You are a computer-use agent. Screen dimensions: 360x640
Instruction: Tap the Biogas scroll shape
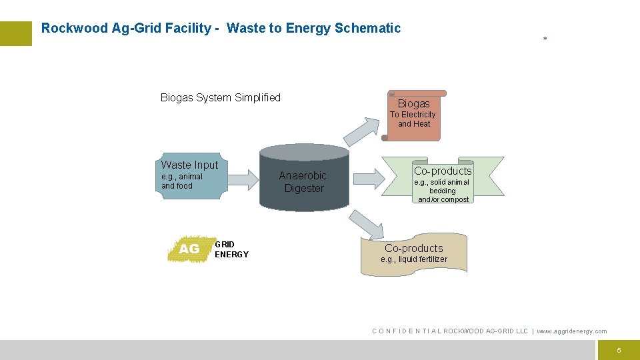point(414,115)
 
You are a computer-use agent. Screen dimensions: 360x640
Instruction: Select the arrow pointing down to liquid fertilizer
point(366,224)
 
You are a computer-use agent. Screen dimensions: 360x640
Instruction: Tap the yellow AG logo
point(189,249)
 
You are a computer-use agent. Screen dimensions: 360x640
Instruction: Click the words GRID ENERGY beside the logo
point(231,249)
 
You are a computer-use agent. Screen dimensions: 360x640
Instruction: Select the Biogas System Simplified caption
point(221,98)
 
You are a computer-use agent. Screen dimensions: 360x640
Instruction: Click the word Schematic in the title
point(368,28)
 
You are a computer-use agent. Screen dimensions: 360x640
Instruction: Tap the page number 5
point(619,350)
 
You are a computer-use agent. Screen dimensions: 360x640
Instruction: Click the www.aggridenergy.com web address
point(572,331)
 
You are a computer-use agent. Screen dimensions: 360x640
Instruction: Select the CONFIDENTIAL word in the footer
point(406,331)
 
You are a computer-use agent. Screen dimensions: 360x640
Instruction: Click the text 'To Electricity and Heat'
point(413,119)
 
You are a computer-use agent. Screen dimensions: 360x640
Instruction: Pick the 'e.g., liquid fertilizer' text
point(414,259)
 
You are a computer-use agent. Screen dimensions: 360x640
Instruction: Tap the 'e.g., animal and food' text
point(182,181)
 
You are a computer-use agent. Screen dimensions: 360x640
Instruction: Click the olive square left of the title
point(16,33)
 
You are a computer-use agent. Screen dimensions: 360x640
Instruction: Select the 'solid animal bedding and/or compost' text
point(443,191)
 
